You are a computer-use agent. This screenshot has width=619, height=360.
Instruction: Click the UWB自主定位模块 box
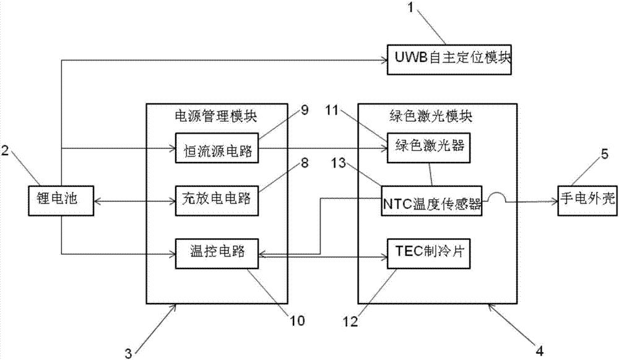[449, 59]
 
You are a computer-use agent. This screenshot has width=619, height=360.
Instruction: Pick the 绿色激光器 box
[426, 148]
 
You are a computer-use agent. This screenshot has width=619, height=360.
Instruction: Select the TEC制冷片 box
[426, 252]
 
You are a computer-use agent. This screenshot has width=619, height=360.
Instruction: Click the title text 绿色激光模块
[436, 114]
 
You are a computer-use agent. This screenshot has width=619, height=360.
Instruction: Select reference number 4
[539, 350]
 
